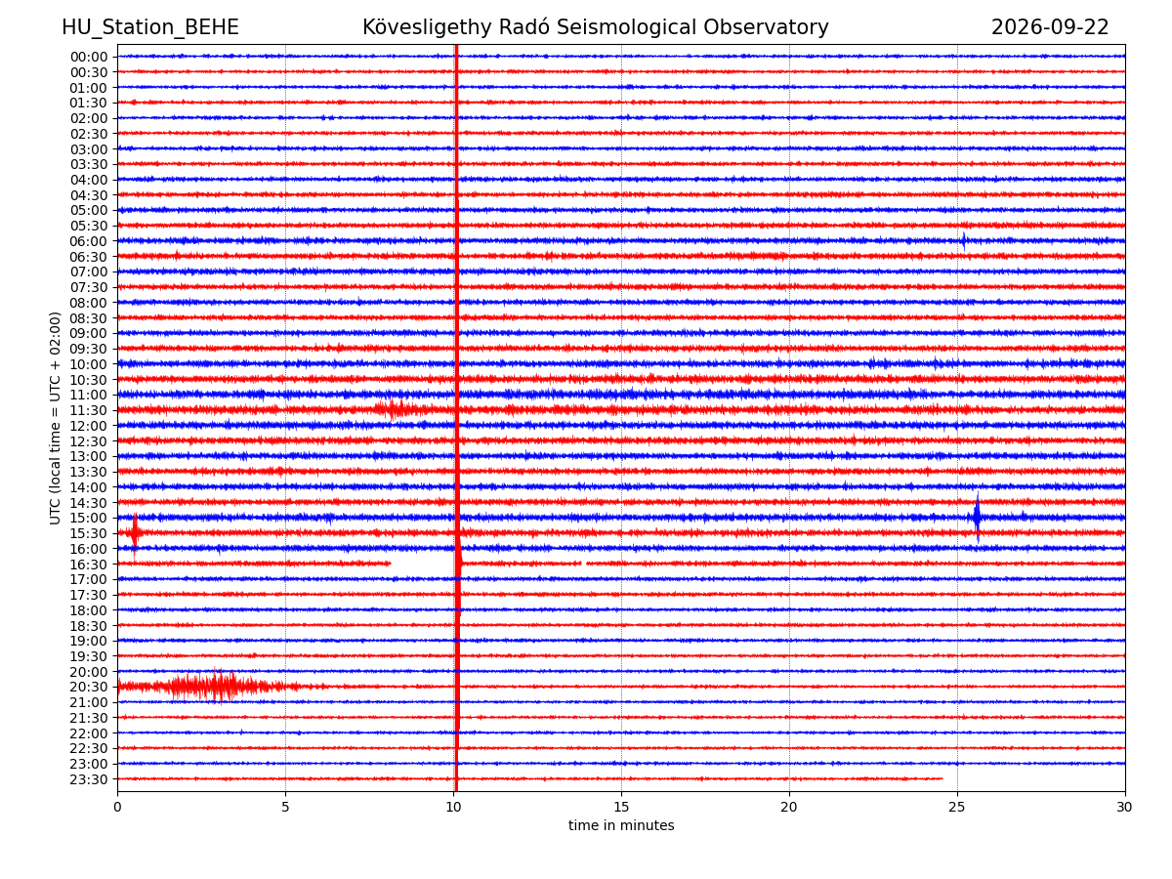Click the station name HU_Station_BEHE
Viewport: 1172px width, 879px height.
click(x=150, y=27)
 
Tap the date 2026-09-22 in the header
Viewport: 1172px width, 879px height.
click(x=1050, y=27)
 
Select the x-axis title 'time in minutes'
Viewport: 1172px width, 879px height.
click(x=621, y=825)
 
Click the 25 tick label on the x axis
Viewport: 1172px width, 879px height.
click(x=957, y=807)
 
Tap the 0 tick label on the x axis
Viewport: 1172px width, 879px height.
click(x=117, y=807)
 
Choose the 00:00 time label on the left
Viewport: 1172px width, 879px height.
click(x=89, y=57)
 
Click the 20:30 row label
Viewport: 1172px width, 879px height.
click(x=89, y=687)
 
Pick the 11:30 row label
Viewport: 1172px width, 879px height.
click(x=89, y=410)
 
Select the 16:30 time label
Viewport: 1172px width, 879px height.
click(x=89, y=565)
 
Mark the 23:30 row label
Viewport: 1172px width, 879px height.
click(x=89, y=779)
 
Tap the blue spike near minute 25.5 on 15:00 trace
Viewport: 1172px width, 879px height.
click(x=977, y=517)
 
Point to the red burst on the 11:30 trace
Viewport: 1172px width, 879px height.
click(x=396, y=410)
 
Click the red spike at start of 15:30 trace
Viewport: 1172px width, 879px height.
click(x=135, y=532)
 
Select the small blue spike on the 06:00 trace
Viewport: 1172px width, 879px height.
click(x=964, y=241)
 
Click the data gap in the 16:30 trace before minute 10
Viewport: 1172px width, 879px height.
click(x=422, y=564)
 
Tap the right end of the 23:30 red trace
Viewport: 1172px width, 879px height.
click(x=942, y=778)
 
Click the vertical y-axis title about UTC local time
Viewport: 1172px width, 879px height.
click(x=55, y=418)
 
